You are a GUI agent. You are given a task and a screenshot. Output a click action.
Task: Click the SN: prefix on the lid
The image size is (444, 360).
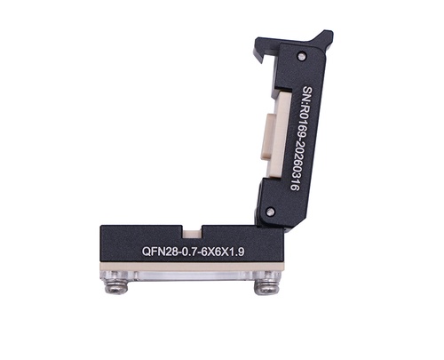308,94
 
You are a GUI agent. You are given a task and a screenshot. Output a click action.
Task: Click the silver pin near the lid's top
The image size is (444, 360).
301,56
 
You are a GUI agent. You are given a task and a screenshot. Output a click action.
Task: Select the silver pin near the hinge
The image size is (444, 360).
269,212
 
